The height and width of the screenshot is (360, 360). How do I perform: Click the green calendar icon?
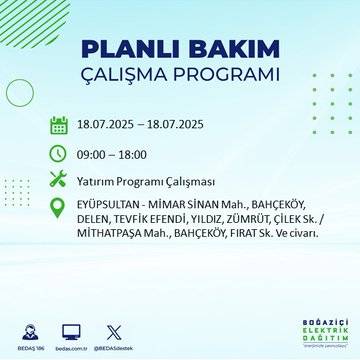[59, 125]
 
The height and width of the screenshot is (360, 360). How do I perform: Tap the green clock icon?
[59, 152]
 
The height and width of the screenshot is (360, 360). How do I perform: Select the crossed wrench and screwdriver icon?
[59, 179]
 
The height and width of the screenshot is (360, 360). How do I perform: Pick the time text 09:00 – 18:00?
[114, 153]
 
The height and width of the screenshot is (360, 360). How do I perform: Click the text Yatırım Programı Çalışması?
[146, 180]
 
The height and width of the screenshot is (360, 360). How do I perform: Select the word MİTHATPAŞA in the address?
[112, 235]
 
